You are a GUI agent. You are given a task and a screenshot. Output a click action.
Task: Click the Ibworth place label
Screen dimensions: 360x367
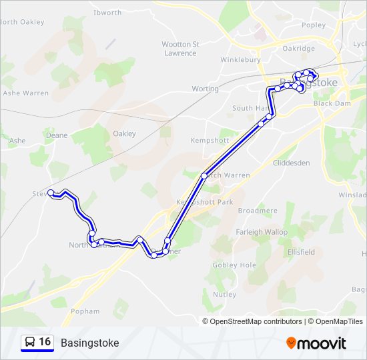(x=107, y=13)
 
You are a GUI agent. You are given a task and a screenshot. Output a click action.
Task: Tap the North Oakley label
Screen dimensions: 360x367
(x=22, y=22)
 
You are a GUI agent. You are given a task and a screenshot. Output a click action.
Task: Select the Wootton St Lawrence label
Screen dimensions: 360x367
(x=180, y=49)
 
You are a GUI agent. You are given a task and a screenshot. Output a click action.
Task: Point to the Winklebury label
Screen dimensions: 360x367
(x=242, y=59)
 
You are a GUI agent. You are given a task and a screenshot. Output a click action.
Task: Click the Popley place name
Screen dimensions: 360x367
(x=314, y=25)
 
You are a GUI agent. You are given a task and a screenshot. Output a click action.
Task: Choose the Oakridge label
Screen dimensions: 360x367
(x=298, y=48)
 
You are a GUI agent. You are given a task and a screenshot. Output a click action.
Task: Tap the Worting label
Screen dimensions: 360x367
(x=205, y=89)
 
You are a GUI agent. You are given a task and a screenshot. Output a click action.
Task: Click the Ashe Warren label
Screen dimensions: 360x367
(x=26, y=93)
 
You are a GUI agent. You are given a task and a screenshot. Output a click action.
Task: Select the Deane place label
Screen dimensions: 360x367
(x=57, y=135)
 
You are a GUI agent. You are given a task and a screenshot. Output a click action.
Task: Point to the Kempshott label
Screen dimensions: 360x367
(x=210, y=141)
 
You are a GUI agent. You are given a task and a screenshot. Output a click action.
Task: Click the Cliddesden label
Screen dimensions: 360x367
(x=292, y=163)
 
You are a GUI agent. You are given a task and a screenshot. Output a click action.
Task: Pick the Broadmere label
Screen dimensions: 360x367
(x=258, y=211)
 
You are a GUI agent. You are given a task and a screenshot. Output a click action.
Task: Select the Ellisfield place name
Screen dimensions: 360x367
(x=301, y=253)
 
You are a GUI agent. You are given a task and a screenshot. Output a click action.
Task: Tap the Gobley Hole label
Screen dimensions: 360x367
(x=234, y=265)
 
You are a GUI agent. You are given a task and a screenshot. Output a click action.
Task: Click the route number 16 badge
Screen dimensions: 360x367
(x=38, y=342)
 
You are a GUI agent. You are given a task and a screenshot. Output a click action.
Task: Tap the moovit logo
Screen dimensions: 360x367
(x=316, y=343)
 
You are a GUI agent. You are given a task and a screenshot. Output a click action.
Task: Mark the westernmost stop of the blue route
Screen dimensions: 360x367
(x=51, y=193)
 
